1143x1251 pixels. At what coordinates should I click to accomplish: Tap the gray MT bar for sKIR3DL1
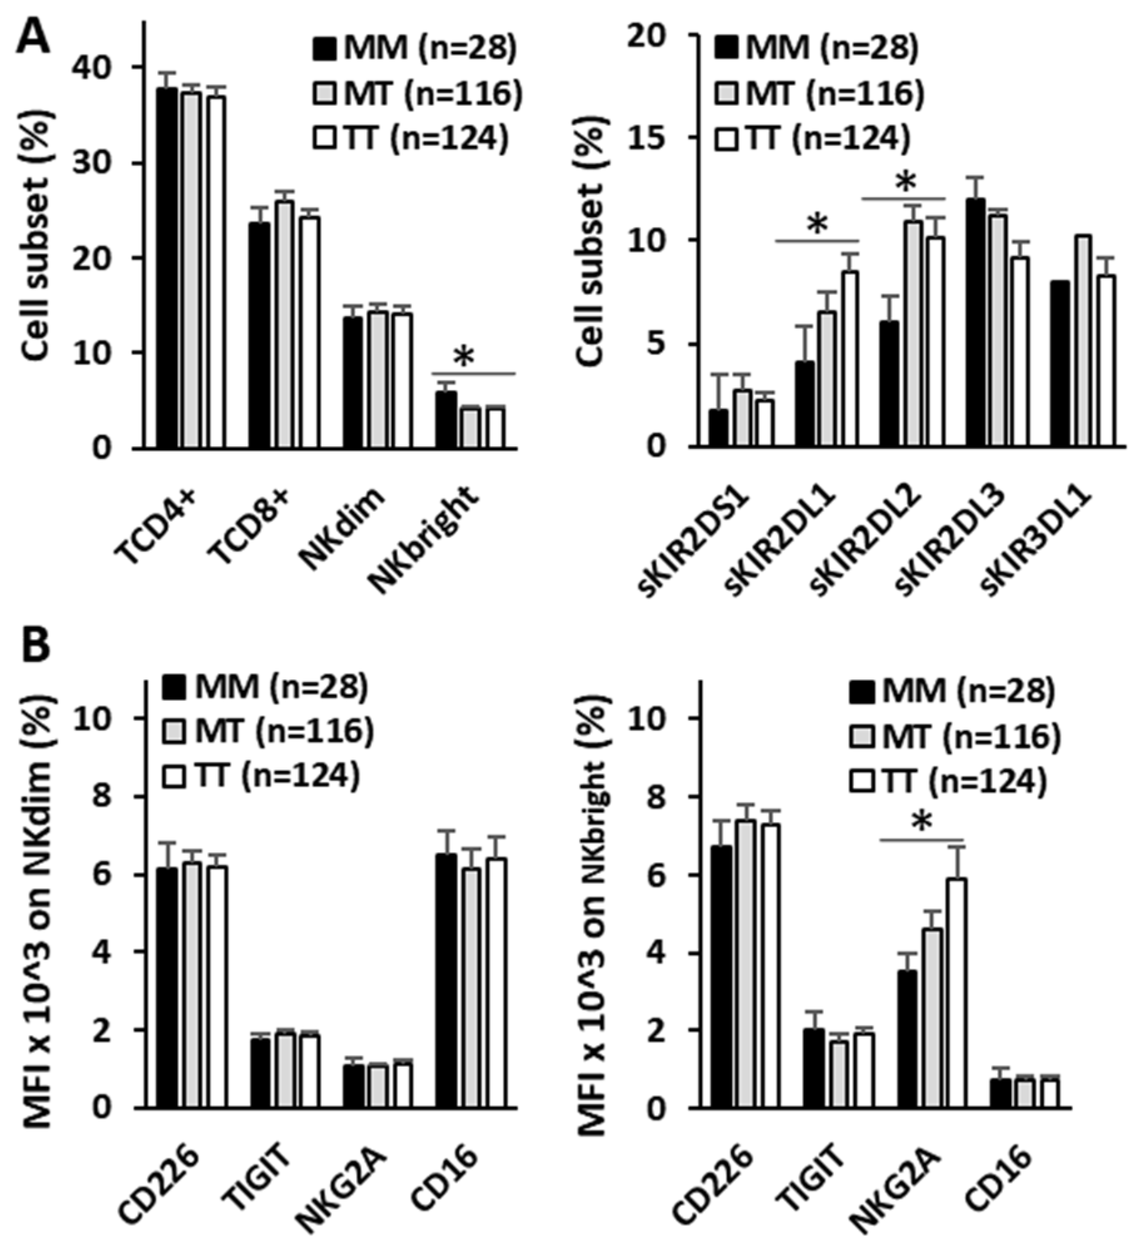coord(1084,341)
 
